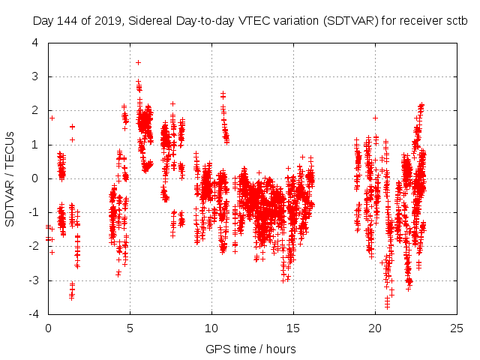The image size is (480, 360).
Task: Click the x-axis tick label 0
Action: coord(48,328)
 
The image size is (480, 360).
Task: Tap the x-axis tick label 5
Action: coord(130,328)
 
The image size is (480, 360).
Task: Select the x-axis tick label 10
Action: coord(211,328)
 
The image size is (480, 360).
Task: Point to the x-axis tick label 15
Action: coord(293,328)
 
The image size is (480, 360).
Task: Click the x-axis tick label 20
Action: coord(375,328)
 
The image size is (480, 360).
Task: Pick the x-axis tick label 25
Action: coord(457,328)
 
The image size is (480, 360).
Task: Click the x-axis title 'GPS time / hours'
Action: coord(251,349)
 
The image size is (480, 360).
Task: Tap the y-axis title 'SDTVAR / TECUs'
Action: coord(10,178)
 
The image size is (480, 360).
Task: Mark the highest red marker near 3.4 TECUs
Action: coord(138,62)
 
